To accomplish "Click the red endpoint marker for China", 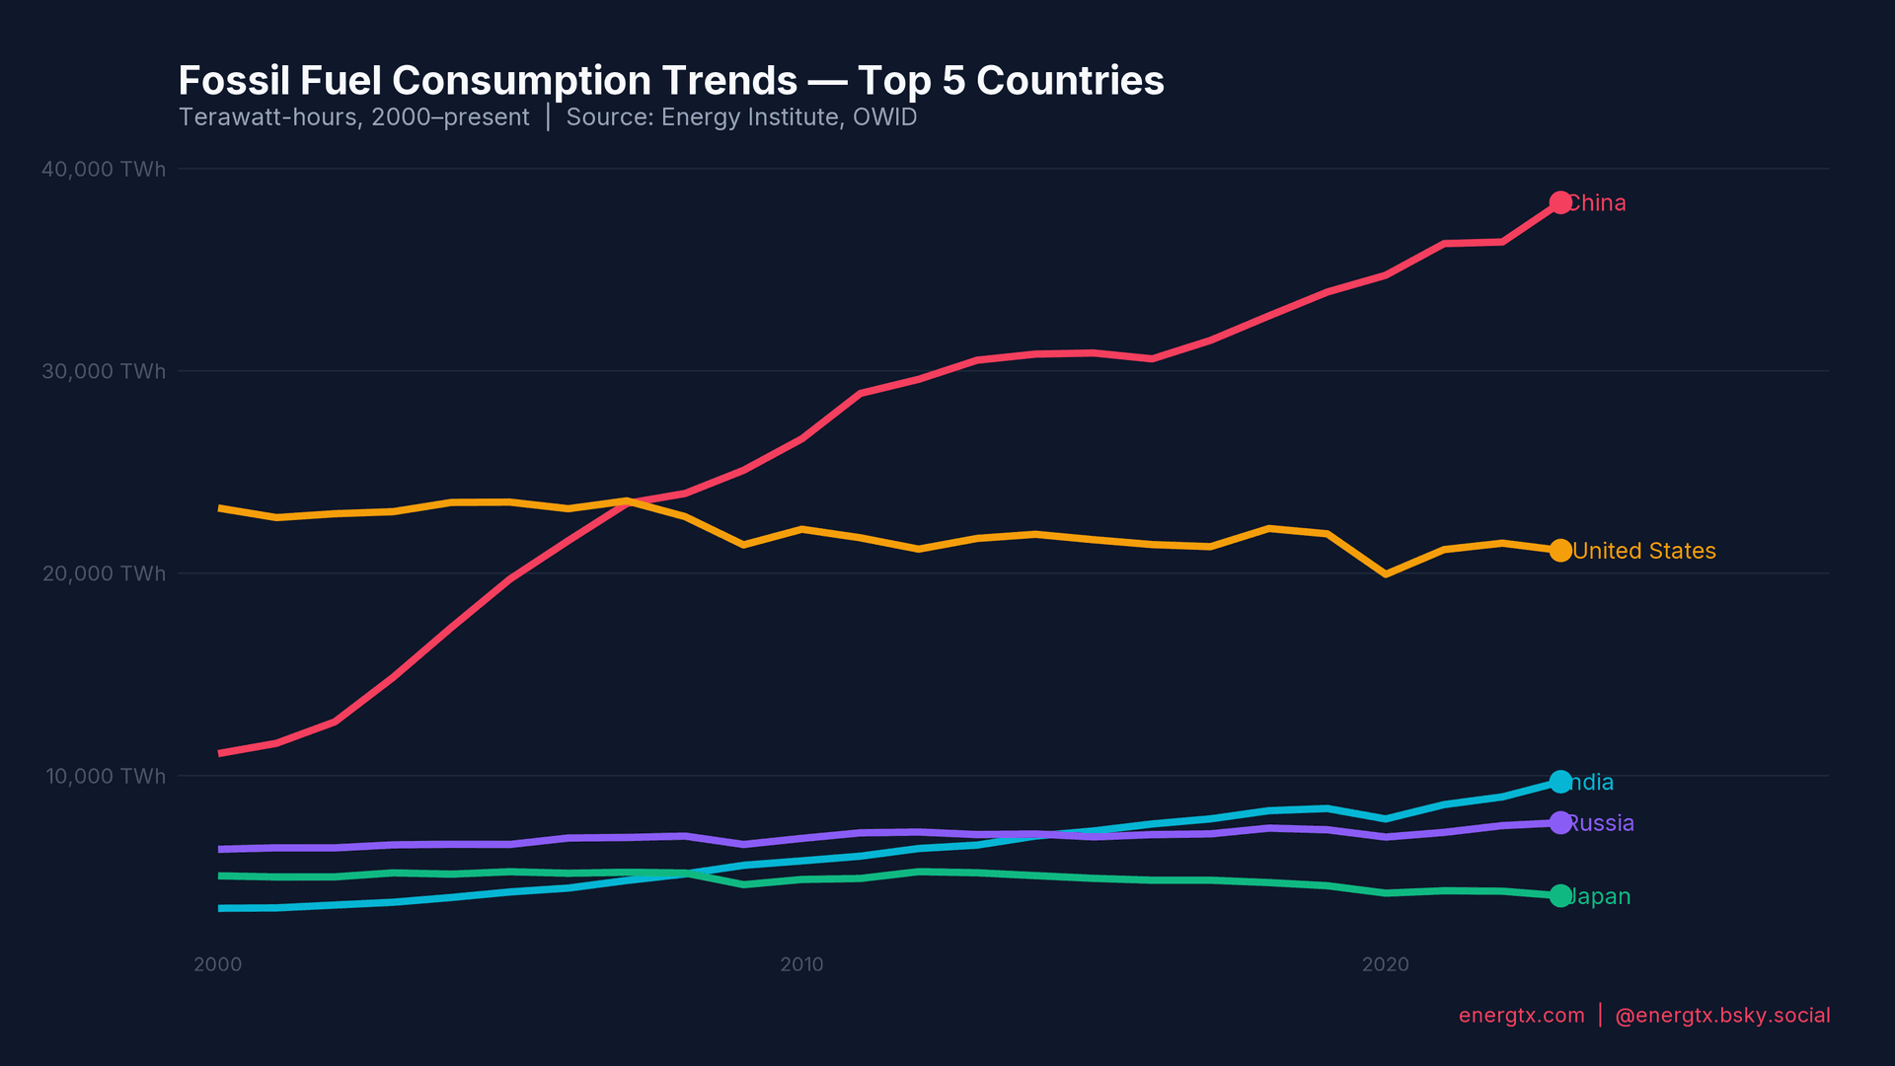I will click(1560, 202).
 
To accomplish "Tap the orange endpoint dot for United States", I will click(1560, 551).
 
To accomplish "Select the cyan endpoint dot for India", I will click(1560, 782).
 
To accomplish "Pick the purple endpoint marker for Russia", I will click(1560, 823).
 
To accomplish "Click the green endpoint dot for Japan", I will click(1560, 896).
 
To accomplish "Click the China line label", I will click(1598, 203).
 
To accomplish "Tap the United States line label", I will click(1643, 551).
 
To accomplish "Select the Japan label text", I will click(1600, 896).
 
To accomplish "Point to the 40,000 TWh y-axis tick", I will click(104, 170).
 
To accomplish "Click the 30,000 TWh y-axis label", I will click(104, 372).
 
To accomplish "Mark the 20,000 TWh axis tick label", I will click(104, 574).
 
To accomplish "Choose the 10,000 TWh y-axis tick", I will click(106, 777).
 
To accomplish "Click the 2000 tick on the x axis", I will click(218, 964).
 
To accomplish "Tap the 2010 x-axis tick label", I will click(801, 964).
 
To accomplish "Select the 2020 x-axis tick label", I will click(1386, 964).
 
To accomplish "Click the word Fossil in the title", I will click(233, 81).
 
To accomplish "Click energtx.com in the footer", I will click(1521, 1016).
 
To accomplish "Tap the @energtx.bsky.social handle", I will click(1722, 1016).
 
